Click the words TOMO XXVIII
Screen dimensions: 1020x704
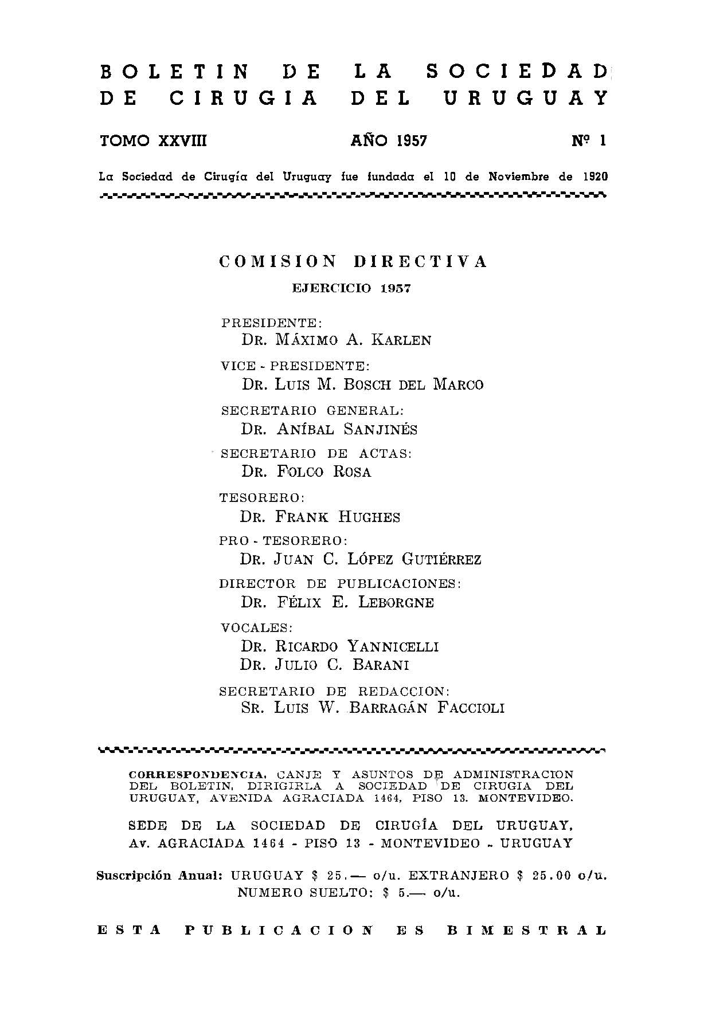(153, 141)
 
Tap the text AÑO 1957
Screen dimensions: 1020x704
(389, 141)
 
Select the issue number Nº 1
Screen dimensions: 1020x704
(588, 141)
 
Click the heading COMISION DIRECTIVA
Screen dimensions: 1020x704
(353, 262)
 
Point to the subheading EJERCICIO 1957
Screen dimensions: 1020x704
(351, 288)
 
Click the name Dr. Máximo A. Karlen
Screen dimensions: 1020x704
(336, 340)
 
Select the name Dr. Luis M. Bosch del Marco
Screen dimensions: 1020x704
(362, 384)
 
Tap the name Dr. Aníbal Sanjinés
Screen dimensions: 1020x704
(329, 429)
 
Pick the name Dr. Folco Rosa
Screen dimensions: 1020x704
(306, 472)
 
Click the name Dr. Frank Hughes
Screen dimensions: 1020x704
(320, 517)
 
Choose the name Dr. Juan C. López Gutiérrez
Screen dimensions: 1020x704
(361, 559)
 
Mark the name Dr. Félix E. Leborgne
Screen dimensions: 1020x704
(337, 602)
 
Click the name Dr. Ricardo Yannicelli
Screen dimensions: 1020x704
(340, 647)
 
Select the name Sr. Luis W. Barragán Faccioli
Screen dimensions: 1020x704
(373, 708)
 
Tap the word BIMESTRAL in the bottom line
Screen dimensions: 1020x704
(526, 930)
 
